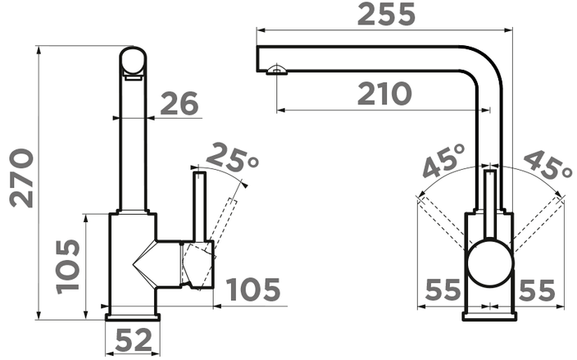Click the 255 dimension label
(x=386, y=15)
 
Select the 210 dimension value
(x=384, y=93)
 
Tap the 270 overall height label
(x=21, y=178)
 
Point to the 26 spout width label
(x=179, y=103)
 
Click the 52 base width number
(x=134, y=339)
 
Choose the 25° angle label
(x=233, y=157)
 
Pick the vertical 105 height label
(x=68, y=267)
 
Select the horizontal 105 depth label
(x=253, y=289)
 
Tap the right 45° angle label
(x=547, y=164)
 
